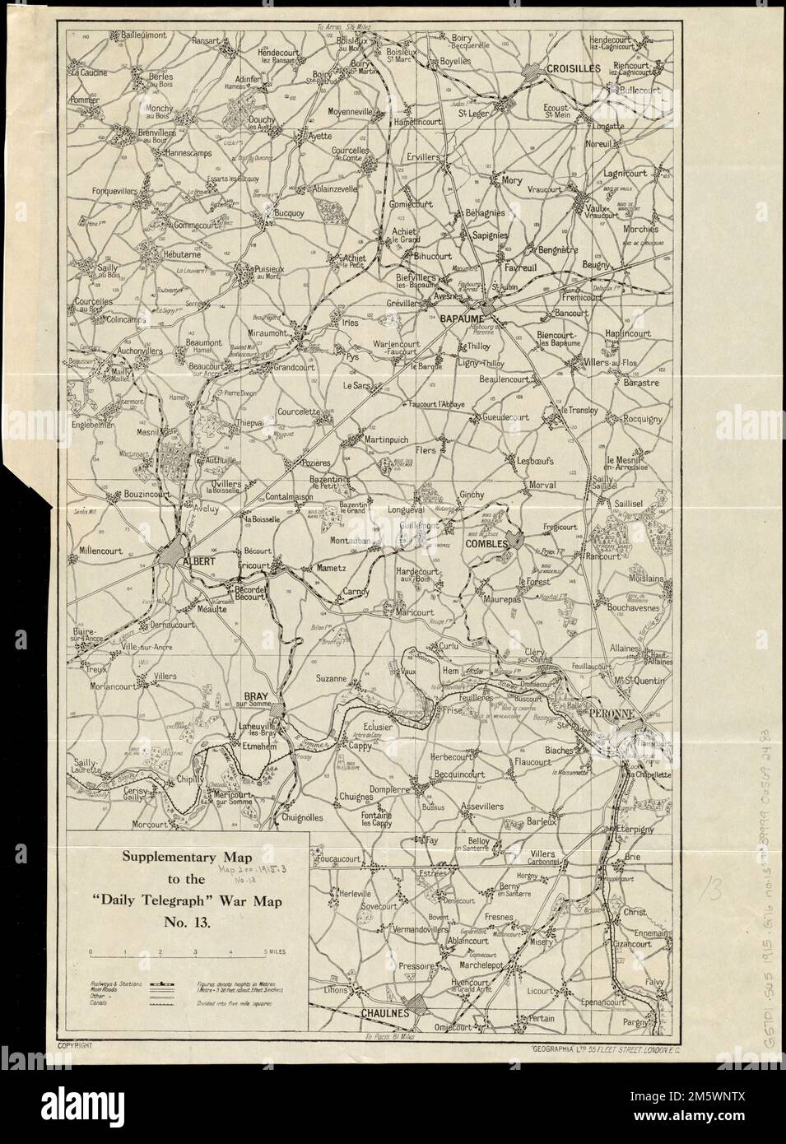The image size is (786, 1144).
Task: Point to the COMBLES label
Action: [486, 543]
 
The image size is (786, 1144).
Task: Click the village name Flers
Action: [426, 451]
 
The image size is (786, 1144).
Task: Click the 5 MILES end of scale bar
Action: [274, 952]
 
